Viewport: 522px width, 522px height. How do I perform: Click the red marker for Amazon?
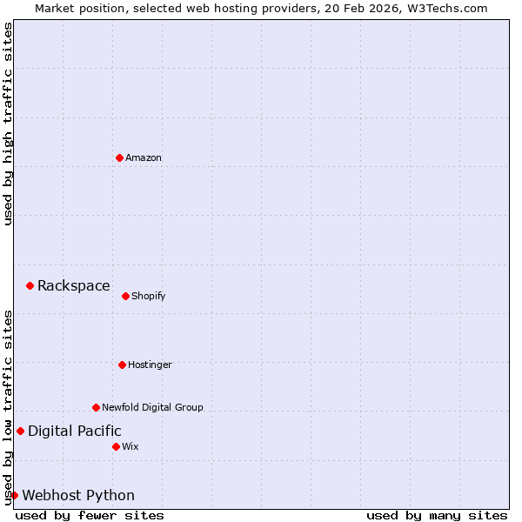[119, 157]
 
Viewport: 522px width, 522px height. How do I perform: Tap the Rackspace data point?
[30, 285]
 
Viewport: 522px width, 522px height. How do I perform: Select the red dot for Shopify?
[125, 296]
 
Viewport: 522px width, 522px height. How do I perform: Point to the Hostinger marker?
[122, 365]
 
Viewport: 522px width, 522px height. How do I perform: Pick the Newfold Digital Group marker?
[96, 407]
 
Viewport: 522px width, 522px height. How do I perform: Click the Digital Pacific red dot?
[20, 431]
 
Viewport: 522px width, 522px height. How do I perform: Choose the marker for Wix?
[116, 446]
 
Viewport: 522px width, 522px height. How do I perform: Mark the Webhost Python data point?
[14, 495]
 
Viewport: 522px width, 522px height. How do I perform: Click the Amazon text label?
[144, 157]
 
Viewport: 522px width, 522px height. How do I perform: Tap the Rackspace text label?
[74, 285]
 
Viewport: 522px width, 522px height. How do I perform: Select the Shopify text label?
[149, 296]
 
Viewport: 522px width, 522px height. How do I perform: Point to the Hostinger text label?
[151, 365]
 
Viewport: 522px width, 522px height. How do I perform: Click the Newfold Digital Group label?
[152, 407]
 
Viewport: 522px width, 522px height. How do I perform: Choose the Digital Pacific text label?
[75, 431]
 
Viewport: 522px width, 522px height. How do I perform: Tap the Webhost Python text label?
[78, 495]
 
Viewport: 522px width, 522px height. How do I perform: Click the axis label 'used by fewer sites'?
[90, 515]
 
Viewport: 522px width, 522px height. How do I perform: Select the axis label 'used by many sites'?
[437, 515]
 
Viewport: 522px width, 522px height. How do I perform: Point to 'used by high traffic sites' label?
[8, 124]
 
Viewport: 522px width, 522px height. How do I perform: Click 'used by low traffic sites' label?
[8, 407]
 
